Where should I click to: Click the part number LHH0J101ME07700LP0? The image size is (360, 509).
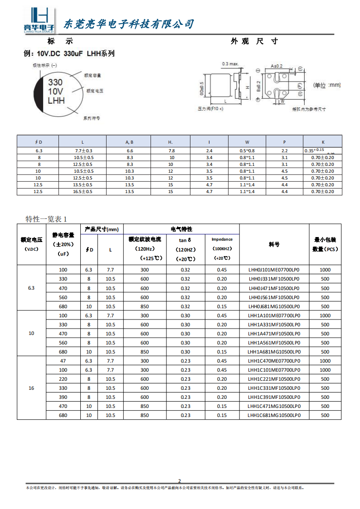tap(274, 270)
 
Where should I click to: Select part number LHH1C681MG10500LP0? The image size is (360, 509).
tap(274, 415)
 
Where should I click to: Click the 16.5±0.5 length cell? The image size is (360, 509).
tap(83, 192)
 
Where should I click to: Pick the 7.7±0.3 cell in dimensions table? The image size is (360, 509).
tap(83, 150)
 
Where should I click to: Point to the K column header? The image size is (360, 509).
tap(322, 142)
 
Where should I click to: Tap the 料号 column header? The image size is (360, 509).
tap(274, 244)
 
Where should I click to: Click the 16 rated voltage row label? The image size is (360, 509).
tap(31, 388)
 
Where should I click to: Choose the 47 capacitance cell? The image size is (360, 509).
tap(63, 361)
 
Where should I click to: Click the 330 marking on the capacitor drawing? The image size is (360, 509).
tap(55, 82)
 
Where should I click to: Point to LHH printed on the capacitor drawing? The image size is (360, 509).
tap(56, 101)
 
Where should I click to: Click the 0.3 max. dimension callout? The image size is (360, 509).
tap(230, 63)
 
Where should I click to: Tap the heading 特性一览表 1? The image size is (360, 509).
tap(46, 219)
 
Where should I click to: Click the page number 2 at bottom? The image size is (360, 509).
tap(179, 481)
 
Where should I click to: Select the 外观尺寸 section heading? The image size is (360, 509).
tap(254, 41)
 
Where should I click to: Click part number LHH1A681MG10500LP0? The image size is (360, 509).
tap(274, 352)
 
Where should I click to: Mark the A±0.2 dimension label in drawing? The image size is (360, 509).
tap(277, 66)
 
